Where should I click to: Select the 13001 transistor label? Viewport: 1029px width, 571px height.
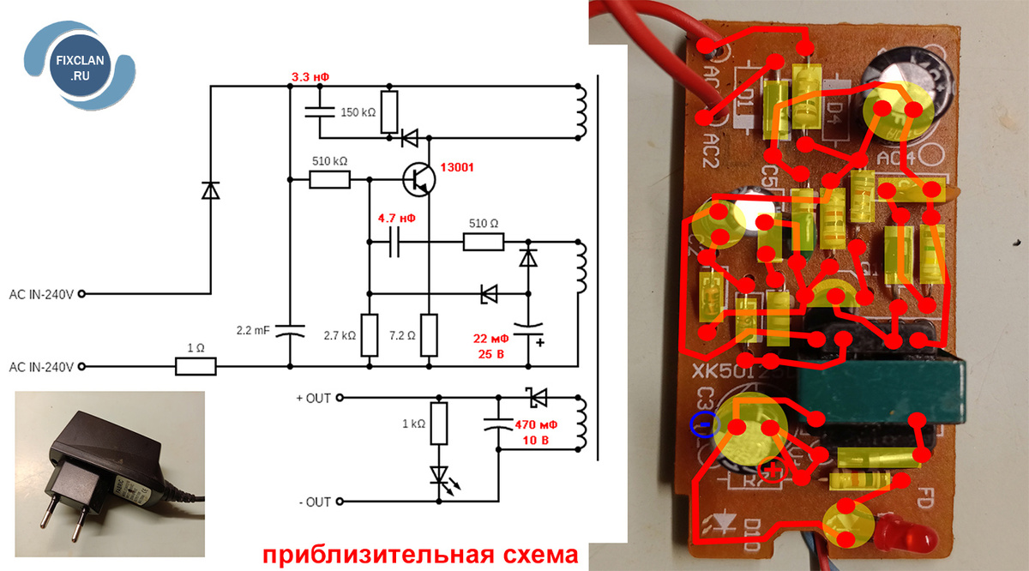point(456,166)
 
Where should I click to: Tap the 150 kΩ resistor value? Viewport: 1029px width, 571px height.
point(358,112)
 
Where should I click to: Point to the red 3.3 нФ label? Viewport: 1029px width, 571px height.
point(310,77)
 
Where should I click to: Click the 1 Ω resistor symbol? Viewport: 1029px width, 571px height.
point(196,367)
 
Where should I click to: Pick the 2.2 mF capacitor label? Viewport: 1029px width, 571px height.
point(254,329)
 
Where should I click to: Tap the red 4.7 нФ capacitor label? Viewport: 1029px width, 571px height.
point(397,219)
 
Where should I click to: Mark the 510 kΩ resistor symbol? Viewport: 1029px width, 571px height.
point(329,179)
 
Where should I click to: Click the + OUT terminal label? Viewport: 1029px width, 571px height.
point(314,398)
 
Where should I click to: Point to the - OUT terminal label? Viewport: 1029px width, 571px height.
point(314,502)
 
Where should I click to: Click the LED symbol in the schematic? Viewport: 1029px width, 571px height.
point(439,474)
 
